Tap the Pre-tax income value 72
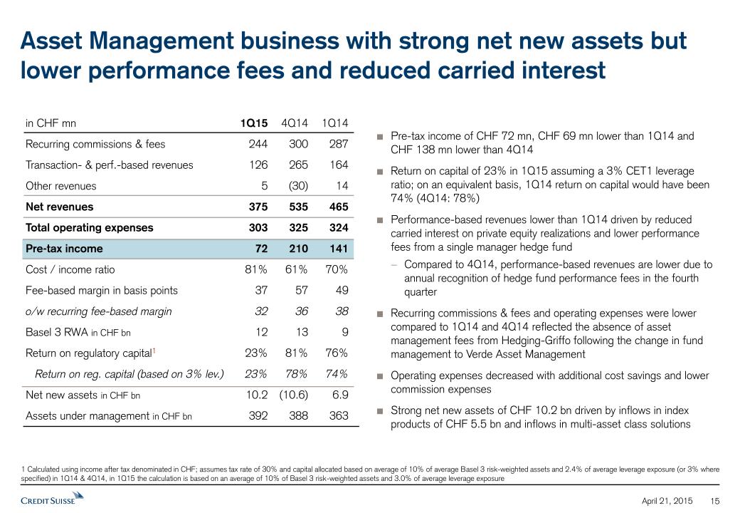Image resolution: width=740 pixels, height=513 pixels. point(260,249)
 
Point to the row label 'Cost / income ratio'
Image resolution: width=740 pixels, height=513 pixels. point(70,269)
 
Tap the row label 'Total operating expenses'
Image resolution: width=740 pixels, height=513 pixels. point(89,228)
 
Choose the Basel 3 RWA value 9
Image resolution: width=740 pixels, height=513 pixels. point(344,332)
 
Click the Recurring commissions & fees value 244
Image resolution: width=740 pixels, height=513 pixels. point(258,144)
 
